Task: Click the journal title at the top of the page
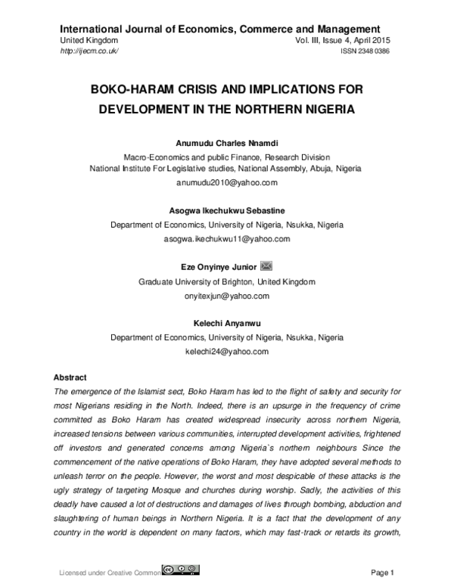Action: (219, 29)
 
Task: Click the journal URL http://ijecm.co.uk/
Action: (89, 51)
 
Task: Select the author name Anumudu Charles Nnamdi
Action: (226, 142)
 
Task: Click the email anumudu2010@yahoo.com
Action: (226, 182)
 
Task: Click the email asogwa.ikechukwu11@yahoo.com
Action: (226, 238)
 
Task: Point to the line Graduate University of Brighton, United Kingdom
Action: (226, 281)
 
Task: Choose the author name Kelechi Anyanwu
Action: (226, 323)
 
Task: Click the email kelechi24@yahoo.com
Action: (226, 351)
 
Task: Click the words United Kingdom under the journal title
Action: (89, 39)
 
